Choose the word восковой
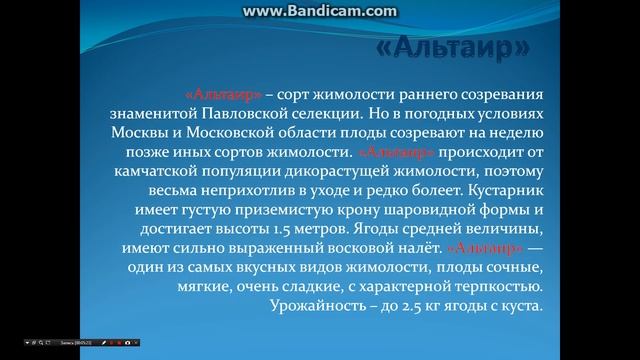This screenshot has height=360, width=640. click(374, 249)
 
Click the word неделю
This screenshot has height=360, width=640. click(519, 134)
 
